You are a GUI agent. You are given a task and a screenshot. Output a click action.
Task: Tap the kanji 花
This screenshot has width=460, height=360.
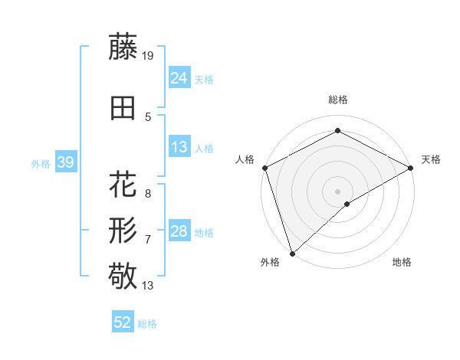coord(123,185)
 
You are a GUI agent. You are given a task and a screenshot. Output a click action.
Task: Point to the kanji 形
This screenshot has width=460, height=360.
coord(123,230)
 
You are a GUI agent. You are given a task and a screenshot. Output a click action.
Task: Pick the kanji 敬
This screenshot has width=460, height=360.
coord(123,275)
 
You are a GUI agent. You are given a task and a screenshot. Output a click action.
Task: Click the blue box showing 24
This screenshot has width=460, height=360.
coord(179,77)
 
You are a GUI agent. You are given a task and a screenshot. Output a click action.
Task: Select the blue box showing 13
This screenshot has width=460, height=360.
coord(179,147)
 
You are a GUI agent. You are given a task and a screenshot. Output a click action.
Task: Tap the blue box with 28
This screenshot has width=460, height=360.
coord(179,231)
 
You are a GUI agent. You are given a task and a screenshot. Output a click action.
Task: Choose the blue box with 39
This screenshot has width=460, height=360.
coord(65,162)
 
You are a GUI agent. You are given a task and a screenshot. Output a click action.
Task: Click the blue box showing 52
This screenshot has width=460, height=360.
coord(123,322)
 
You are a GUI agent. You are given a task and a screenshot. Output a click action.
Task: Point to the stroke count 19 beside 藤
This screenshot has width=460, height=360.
coord(148,55)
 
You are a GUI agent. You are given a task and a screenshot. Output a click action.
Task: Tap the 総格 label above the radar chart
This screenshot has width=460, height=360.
coord(337,100)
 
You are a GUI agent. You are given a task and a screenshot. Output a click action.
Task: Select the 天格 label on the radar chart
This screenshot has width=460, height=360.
coord(431,159)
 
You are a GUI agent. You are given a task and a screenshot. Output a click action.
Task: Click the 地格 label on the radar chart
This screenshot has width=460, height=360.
coord(402,262)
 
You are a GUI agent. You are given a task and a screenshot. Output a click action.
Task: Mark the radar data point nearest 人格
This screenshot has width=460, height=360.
coord(264,168)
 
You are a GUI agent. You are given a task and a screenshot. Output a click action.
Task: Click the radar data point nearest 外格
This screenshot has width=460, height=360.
coord(292,253)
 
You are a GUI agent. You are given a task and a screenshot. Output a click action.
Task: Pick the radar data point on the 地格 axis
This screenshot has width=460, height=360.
coord(347,204)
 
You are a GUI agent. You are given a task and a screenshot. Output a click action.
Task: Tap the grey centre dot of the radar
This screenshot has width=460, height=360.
coord(337,191)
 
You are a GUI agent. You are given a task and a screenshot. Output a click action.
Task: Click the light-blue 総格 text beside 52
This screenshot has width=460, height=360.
coord(147,324)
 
